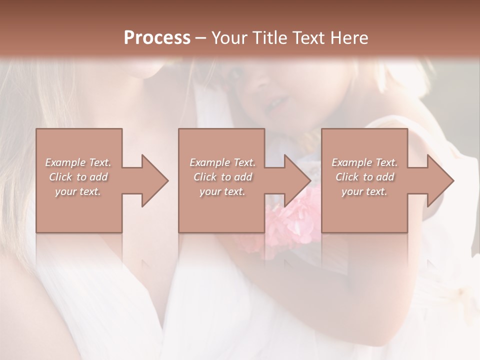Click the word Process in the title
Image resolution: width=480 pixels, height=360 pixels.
coord(157,38)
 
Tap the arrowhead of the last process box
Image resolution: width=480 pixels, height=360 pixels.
coord(439,180)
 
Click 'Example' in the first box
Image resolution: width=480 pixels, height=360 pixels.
coord(65,162)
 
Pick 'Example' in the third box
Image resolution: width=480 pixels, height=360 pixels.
coord(352,162)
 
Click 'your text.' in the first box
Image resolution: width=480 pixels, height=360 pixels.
coord(78,191)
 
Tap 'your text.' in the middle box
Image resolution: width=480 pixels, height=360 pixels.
coord(222,191)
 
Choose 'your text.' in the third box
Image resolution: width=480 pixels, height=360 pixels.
coord(364,191)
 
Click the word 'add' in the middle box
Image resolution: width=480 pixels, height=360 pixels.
coord(243,177)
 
